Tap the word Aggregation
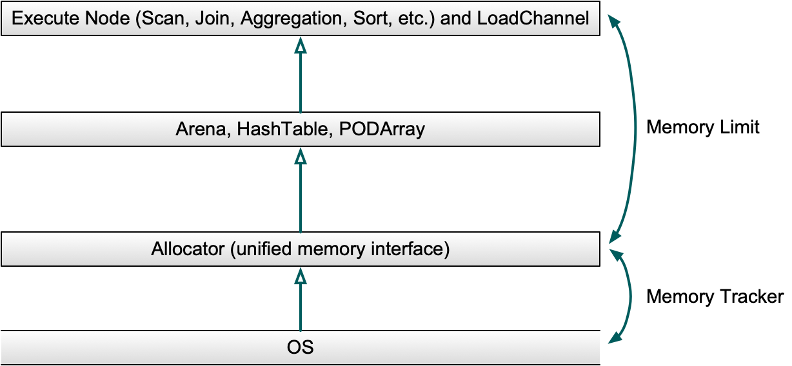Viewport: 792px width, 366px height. (x=288, y=18)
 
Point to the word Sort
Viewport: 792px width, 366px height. (x=370, y=18)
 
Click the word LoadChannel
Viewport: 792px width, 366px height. (x=533, y=18)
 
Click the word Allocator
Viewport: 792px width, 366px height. (x=187, y=249)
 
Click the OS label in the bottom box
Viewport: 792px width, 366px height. (x=300, y=348)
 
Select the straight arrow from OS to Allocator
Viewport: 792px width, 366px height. (x=300, y=303)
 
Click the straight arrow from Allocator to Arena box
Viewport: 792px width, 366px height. (x=300, y=193)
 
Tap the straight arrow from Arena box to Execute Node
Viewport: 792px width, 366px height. (x=300, y=77)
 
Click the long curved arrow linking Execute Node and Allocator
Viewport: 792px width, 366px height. (x=636, y=129)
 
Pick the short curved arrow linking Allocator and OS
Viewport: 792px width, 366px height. (x=629, y=296)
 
